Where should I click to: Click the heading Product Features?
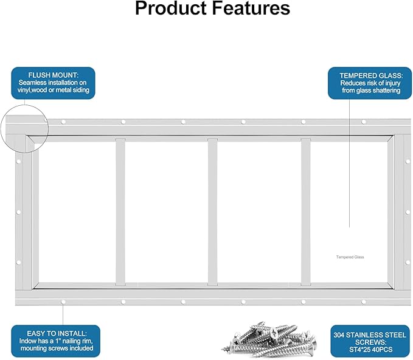[x=212, y=8]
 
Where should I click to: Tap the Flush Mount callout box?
[x=53, y=83]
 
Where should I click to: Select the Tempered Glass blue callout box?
[x=370, y=83]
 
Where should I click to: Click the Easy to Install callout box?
[x=55, y=341]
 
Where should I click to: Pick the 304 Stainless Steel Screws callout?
[x=370, y=341]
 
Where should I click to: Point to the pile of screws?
[x=269, y=339]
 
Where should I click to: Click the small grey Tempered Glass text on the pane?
[x=350, y=257]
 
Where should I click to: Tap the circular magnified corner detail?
[x=24, y=128]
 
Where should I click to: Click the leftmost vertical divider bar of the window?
[x=120, y=212]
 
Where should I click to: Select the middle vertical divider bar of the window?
[x=212, y=212]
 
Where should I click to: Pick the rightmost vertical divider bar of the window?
[x=305, y=212]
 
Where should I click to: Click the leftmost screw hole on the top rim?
[x=63, y=122]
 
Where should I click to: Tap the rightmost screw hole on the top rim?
[x=364, y=122]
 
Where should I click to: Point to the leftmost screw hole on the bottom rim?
[x=63, y=302]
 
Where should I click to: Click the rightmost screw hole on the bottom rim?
[x=364, y=302]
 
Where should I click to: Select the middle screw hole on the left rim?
[x=19, y=212]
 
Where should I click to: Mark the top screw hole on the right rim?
[x=408, y=162]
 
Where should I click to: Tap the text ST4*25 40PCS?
[x=370, y=350]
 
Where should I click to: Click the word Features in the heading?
[x=251, y=8]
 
